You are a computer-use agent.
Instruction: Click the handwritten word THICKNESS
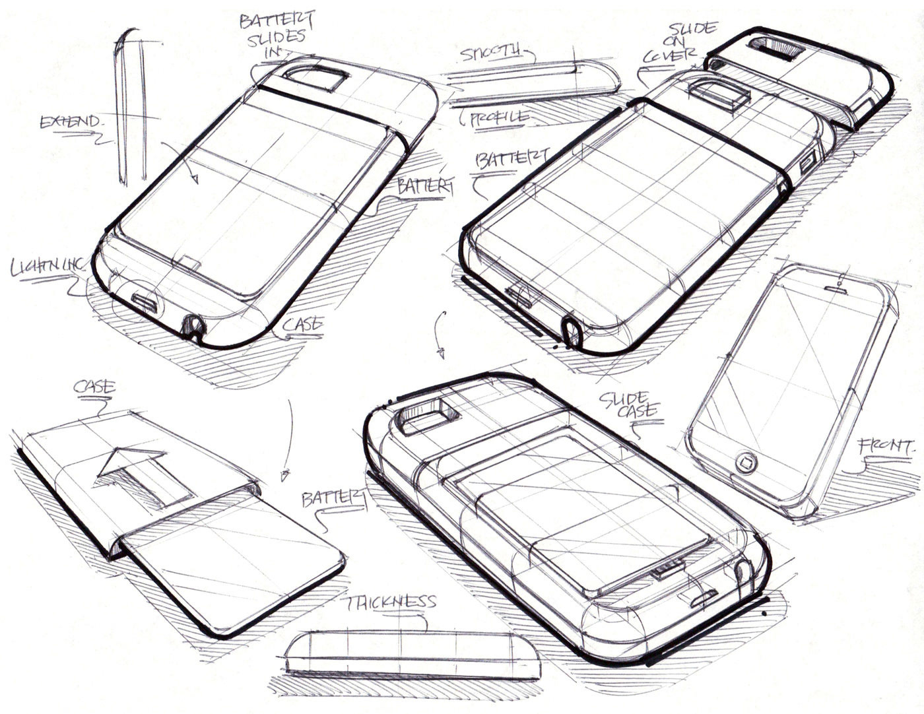point(390,602)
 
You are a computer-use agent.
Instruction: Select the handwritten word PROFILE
point(500,117)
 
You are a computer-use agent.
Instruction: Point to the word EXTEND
point(71,122)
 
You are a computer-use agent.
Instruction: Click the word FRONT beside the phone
point(886,447)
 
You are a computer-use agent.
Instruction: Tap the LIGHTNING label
point(48,266)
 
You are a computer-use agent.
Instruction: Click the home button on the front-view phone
point(746,461)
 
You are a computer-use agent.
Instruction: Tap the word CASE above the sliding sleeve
point(94,387)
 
